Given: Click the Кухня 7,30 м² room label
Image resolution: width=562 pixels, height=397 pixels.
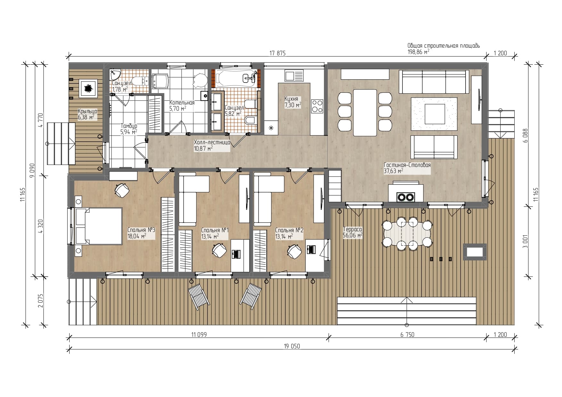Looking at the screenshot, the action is pyautogui.click(x=293, y=102).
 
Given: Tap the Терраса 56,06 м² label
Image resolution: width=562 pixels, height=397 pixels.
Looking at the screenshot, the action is pyautogui.click(x=352, y=233).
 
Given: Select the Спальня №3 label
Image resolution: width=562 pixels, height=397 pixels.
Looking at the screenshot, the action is pyautogui.click(x=141, y=230).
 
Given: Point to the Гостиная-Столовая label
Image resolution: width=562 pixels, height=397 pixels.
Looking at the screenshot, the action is pyautogui.click(x=407, y=165).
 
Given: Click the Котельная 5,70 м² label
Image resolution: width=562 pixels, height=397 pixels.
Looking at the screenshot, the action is pyautogui.click(x=182, y=106).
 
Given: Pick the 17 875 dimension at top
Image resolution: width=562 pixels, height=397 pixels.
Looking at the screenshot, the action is pyautogui.click(x=277, y=53).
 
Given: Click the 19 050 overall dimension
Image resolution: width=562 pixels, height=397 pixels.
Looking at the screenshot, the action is pyautogui.click(x=292, y=346).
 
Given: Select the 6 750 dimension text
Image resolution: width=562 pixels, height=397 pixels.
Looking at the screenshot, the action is pyautogui.click(x=407, y=335).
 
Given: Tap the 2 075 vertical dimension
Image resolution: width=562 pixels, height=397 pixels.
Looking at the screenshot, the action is pyautogui.click(x=40, y=301).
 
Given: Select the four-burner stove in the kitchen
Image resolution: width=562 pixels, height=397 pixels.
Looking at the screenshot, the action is pyautogui.click(x=317, y=106).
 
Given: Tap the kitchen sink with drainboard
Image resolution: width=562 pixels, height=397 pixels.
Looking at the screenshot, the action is pyautogui.click(x=294, y=76).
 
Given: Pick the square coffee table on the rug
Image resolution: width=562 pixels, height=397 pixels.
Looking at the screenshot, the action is pyautogui.click(x=434, y=114).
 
